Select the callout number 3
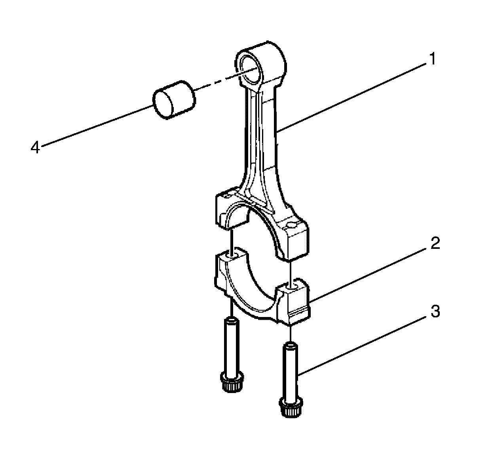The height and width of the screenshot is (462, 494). coord(435,312)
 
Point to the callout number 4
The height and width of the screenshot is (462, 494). coord(36,148)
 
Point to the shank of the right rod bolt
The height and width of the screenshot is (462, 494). coord(291,370)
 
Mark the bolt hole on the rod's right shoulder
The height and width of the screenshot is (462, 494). coord(292,225)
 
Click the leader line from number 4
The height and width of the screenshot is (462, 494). coord(95,126)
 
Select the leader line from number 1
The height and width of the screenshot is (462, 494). coord(352,95)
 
